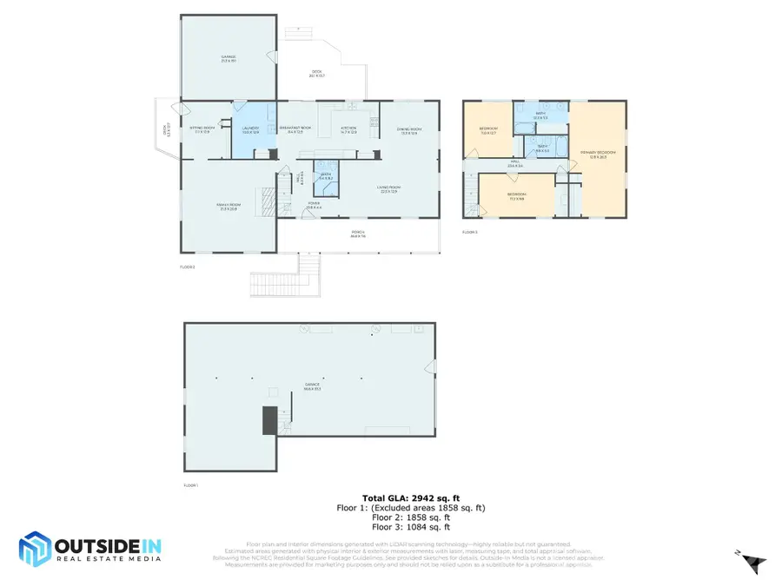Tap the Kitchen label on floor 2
[348, 131]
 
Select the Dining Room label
[408, 131]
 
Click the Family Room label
[228, 207]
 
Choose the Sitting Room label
[202, 131]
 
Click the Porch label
[357, 233]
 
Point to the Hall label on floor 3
[514, 164]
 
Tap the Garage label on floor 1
[311, 385]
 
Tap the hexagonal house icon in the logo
[35, 550]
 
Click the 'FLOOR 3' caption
[469, 232]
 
